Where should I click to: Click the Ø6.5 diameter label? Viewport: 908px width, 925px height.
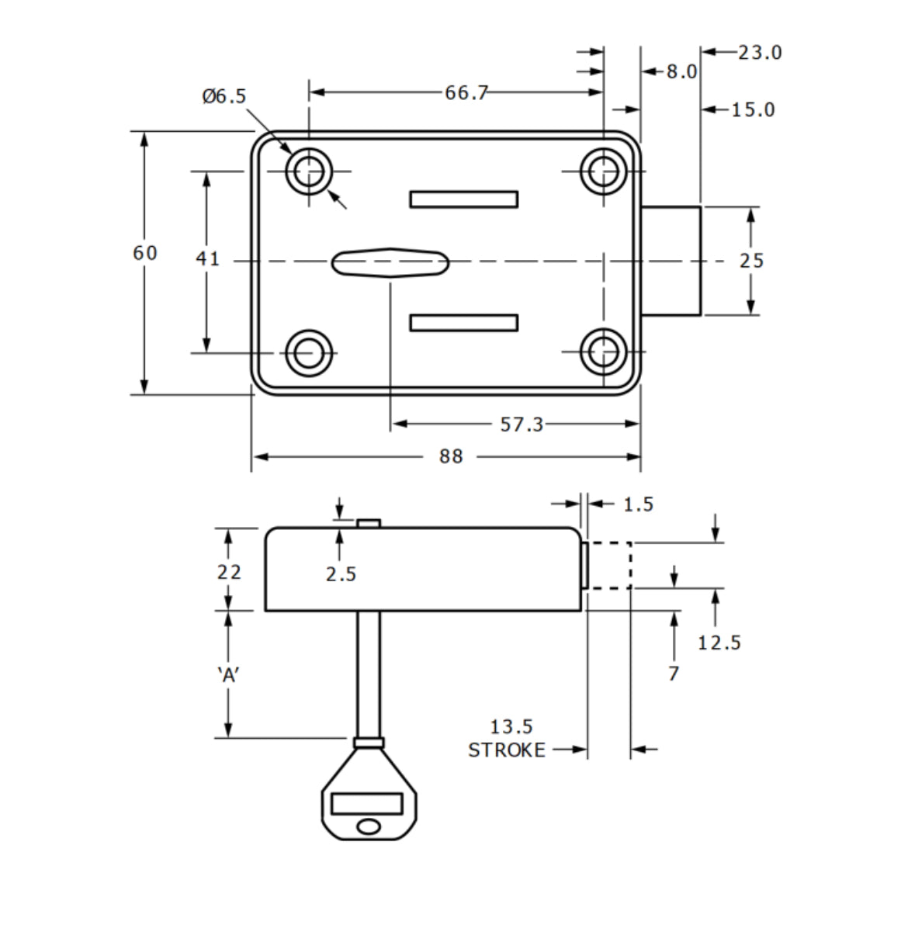(x=224, y=96)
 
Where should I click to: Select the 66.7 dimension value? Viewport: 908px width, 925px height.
(x=466, y=93)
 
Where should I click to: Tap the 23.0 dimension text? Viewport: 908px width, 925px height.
(x=760, y=53)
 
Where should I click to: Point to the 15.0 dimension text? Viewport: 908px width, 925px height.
(x=753, y=110)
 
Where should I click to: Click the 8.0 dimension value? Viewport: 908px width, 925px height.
(x=681, y=72)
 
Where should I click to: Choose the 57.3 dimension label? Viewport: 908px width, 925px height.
(x=522, y=424)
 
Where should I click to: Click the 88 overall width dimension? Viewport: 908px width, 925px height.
(x=451, y=456)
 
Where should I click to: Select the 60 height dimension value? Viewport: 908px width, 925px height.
(x=145, y=253)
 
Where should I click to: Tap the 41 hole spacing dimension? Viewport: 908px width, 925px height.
(x=207, y=258)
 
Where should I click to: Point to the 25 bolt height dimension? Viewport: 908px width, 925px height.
(x=751, y=261)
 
